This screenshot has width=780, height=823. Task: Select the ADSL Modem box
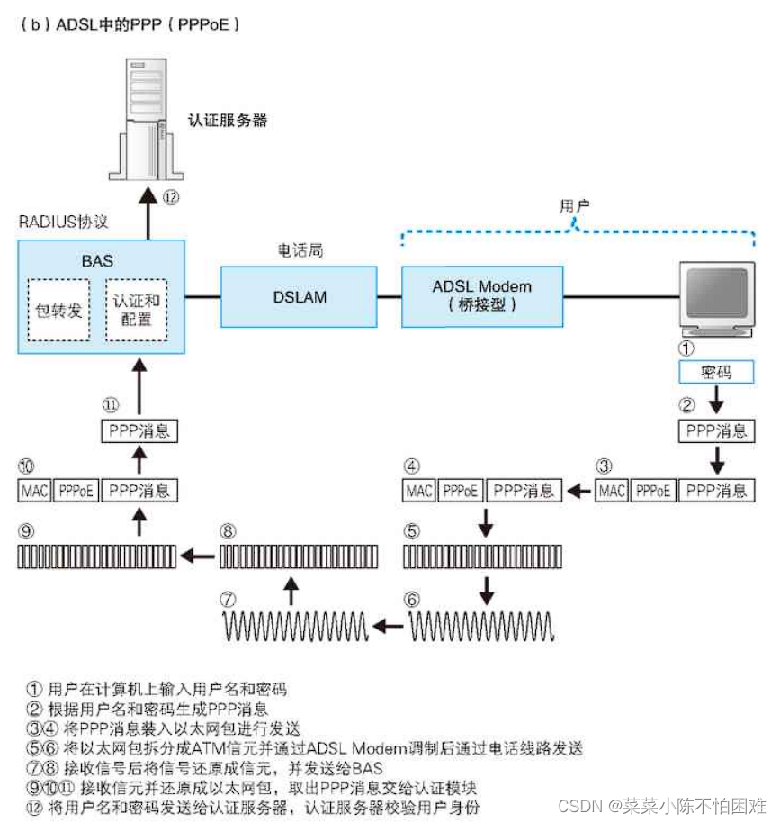pyautogui.click(x=481, y=295)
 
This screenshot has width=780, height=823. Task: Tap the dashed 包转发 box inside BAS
pyautogui.click(x=59, y=310)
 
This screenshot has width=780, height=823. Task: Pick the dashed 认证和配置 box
pyautogui.click(x=136, y=310)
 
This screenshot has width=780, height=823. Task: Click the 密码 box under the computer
pyautogui.click(x=716, y=372)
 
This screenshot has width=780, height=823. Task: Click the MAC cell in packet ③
pyautogui.click(x=612, y=491)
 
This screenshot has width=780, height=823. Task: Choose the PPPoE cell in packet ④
pyautogui.click(x=461, y=491)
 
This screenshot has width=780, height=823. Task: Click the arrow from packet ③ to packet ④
pyautogui.click(x=580, y=491)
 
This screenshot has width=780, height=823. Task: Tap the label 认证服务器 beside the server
pyautogui.click(x=228, y=120)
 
